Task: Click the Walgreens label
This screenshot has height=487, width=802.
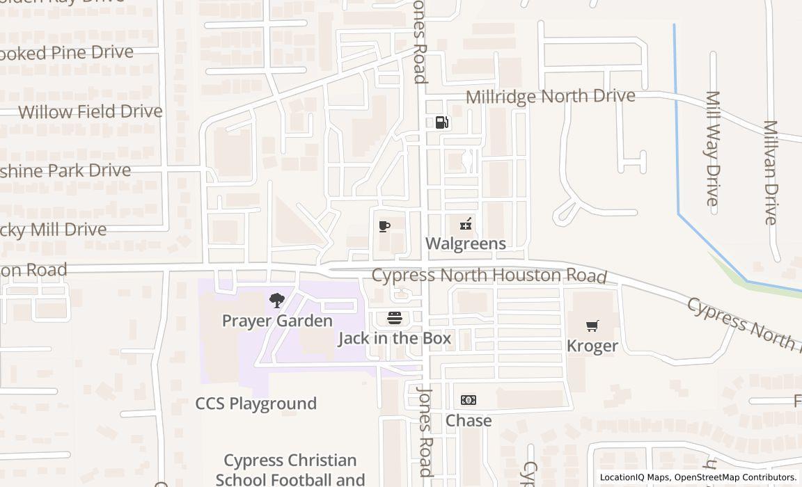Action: [465, 243]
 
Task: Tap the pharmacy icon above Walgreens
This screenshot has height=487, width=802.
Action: [466, 224]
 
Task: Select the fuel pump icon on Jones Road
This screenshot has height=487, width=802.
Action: [442, 122]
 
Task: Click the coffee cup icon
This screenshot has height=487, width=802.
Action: [384, 226]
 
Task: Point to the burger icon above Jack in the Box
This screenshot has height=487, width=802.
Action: [395, 319]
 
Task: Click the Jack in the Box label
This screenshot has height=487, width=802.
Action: [395, 339]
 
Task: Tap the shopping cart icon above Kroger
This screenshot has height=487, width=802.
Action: [592, 326]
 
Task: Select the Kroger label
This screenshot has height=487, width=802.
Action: [592, 346]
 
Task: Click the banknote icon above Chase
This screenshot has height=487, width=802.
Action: [469, 400]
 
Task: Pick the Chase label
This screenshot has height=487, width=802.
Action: [469, 420]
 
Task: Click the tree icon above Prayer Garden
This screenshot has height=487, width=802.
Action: [277, 301]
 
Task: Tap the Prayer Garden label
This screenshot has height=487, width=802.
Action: [277, 321]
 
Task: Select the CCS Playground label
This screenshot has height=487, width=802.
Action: [255, 404]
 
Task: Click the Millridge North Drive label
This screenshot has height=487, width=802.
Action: [550, 96]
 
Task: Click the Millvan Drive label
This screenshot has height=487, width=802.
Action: [770, 172]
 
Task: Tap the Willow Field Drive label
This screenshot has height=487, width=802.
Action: [90, 111]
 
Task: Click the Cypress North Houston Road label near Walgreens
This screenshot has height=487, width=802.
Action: [489, 276]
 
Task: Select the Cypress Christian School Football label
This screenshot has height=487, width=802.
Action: [290, 470]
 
